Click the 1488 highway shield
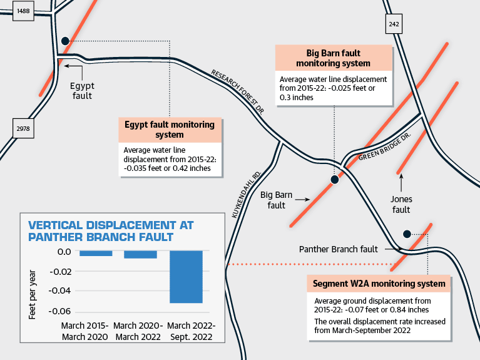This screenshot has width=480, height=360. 23,11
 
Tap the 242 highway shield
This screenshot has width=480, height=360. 394,24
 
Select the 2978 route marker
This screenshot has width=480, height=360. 23,128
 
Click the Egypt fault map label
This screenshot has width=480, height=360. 82,91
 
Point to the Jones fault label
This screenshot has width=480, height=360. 401,204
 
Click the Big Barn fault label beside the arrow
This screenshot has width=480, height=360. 276,200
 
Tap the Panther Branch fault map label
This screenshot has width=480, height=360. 339,249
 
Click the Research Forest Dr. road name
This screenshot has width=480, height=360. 238,91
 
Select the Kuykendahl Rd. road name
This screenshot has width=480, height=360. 247,195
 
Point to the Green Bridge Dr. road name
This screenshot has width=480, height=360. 384,147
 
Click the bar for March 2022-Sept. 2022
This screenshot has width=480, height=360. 186,277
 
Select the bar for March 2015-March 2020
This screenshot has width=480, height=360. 96,254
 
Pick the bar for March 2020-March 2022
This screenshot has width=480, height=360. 141,255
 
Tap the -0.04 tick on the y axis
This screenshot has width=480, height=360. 59,291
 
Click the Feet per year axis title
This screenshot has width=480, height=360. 32,294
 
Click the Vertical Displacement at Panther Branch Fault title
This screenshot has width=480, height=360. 111,231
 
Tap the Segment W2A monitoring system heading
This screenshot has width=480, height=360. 379,284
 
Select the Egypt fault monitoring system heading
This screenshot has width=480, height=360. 170,130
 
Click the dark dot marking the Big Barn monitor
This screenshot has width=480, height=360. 335,180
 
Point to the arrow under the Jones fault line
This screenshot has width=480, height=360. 401,183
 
